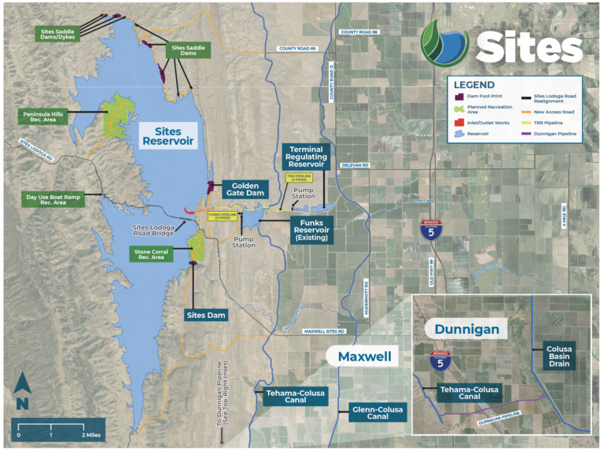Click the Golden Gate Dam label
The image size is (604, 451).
coord(240,189)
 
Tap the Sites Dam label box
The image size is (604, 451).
coord(206,315)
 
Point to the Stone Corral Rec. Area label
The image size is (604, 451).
coord(158,253)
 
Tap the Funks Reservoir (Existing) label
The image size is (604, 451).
coord(312,229)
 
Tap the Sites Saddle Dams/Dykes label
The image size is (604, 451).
coord(57,34)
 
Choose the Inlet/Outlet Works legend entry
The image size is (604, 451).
coord(483,122)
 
